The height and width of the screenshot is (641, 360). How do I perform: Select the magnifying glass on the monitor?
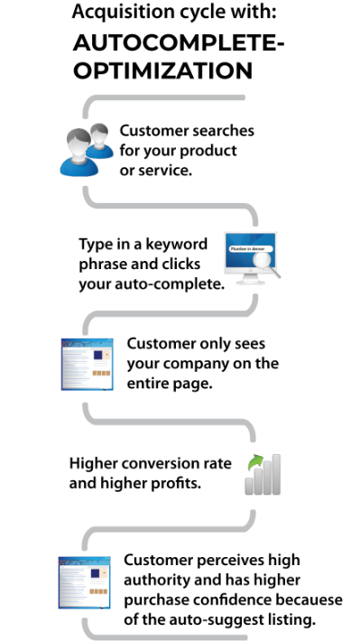pyautogui.click(x=264, y=263)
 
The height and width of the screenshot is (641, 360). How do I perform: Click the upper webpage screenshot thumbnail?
pyautogui.click(x=87, y=364)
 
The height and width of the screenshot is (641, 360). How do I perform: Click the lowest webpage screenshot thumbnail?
pyautogui.click(x=85, y=582)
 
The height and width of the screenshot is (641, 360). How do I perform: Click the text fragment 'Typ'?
pyautogui.click(x=88, y=245)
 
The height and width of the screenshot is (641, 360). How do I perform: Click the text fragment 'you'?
pyautogui.click(x=88, y=283)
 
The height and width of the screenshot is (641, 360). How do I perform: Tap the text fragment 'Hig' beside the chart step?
pyautogui.click(x=81, y=463)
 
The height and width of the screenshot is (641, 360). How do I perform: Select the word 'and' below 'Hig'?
pyautogui.click(x=82, y=482)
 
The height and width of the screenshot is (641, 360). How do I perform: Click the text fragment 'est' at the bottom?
pyautogui.click(x=259, y=620)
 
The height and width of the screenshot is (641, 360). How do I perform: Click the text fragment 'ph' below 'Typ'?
pyautogui.click(x=87, y=265)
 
